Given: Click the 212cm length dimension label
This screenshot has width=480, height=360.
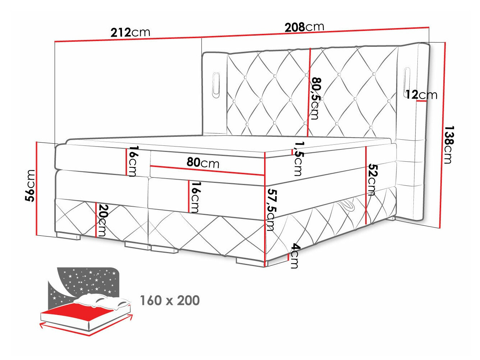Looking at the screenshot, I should [x=130, y=32].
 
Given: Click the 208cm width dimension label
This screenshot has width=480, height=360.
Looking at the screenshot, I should [x=304, y=27].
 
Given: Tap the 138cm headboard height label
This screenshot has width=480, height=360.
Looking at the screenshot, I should [x=448, y=144].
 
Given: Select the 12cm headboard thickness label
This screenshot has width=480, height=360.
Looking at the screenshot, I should [x=421, y=95].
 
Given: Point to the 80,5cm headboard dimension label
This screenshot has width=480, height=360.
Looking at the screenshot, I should [x=315, y=98].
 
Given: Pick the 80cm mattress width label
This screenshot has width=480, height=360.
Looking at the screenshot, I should [x=203, y=163].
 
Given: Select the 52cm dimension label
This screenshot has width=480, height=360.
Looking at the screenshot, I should [x=372, y=180].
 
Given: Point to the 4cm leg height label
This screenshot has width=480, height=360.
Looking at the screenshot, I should [x=294, y=256].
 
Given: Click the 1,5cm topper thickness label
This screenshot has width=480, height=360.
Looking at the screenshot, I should [x=298, y=159].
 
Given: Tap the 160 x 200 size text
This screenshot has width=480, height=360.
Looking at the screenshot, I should [x=169, y=300].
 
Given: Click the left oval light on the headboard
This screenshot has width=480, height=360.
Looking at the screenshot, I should [x=216, y=85].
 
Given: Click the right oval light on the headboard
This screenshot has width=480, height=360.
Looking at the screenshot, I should [x=407, y=82].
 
